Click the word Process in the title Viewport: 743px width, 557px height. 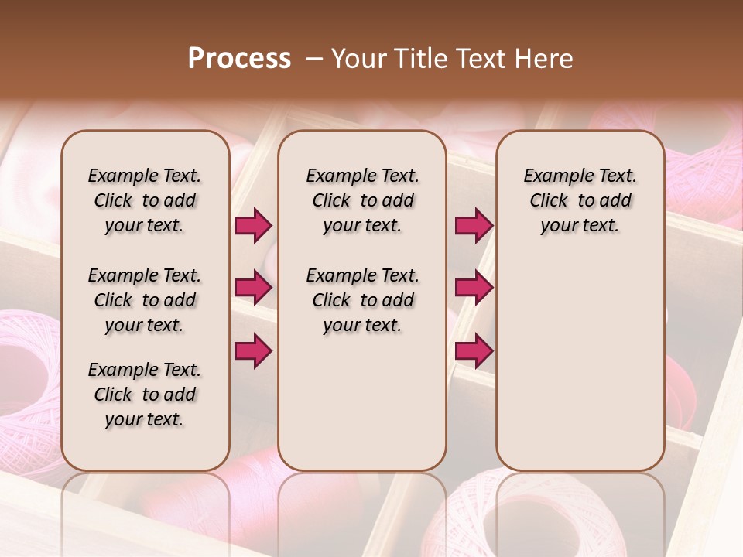[x=239, y=59]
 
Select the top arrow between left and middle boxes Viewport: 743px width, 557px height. [x=253, y=226]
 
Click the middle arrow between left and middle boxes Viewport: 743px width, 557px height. [x=253, y=289]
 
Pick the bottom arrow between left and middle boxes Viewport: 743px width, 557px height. [x=253, y=351]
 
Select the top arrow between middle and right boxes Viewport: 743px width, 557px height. [x=474, y=226]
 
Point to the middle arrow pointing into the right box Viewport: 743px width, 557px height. [x=474, y=289]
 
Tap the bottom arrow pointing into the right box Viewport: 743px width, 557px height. [x=474, y=351]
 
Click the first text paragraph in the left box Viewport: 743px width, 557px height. [x=145, y=200]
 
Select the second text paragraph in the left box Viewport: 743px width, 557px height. [x=145, y=300]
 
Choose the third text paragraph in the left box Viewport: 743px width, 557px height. [x=145, y=395]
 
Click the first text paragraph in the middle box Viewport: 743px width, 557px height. [x=363, y=200]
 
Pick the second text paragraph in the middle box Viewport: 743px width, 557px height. [x=363, y=300]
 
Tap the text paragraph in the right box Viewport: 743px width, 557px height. [x=580, y=200]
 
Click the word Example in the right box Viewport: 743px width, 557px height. [x=553, y=176]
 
